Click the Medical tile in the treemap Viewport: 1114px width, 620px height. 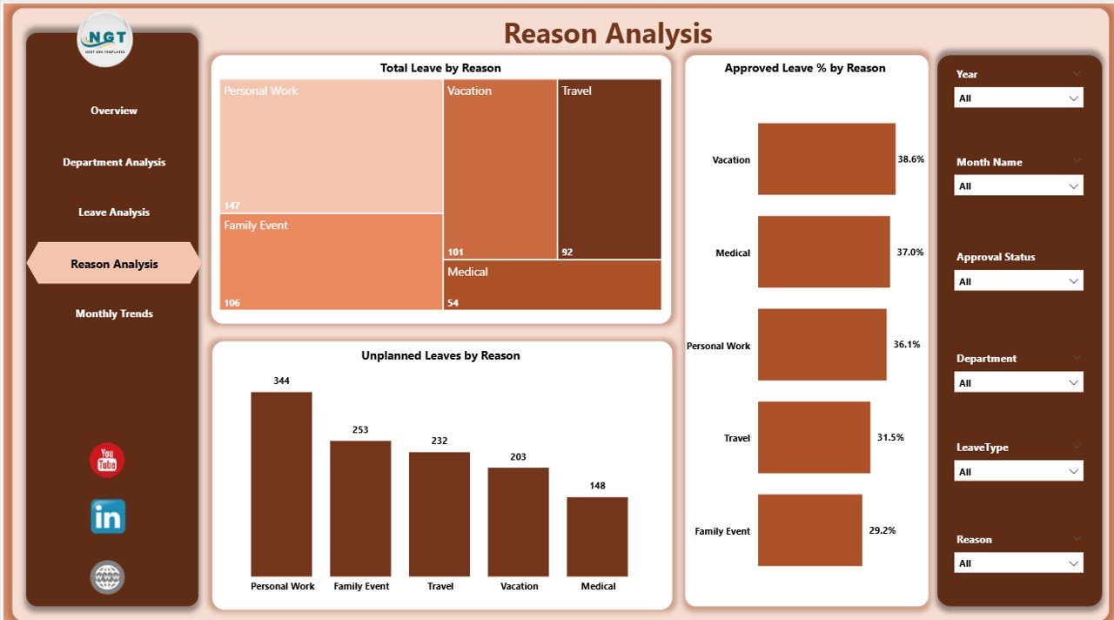pos(552,285)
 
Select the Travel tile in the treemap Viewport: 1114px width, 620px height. pos(609,169)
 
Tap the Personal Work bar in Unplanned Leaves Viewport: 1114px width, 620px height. pos(281,483)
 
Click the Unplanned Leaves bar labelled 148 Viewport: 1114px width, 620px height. pos(597,536)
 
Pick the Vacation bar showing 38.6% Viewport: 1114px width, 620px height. pos(826,158)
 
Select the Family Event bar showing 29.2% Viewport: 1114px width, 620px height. pos(809,530)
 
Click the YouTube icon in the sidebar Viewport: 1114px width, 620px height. pos(107,461)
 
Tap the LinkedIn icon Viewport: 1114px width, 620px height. pos(108,516)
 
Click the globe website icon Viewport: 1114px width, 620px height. pos(108,577)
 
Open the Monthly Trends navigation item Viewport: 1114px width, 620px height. pos(114,313)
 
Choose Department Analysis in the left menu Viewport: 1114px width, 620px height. pos(114,162)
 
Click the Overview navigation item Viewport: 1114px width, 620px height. pos(114,111)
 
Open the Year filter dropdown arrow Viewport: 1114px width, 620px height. pos(1074,98)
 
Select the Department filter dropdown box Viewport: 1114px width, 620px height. pos(1018,383)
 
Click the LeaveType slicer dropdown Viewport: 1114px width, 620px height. pos(1018,472)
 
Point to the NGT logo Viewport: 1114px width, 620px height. pos(105,40)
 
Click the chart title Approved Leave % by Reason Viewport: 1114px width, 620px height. pos(805,68)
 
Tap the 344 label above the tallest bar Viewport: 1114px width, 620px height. pos(281,381)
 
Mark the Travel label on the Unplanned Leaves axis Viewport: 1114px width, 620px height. pos(440,586)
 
